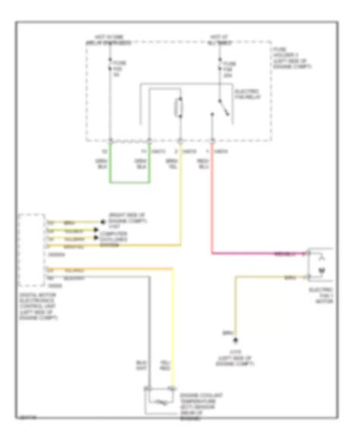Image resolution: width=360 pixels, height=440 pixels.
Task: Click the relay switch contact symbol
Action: [221, 106]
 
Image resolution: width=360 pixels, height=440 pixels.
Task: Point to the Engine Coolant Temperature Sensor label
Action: [199, 407]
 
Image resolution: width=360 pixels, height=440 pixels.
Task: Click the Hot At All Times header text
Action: [219, 39]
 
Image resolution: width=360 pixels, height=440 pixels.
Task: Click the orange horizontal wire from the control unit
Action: [114, 245]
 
